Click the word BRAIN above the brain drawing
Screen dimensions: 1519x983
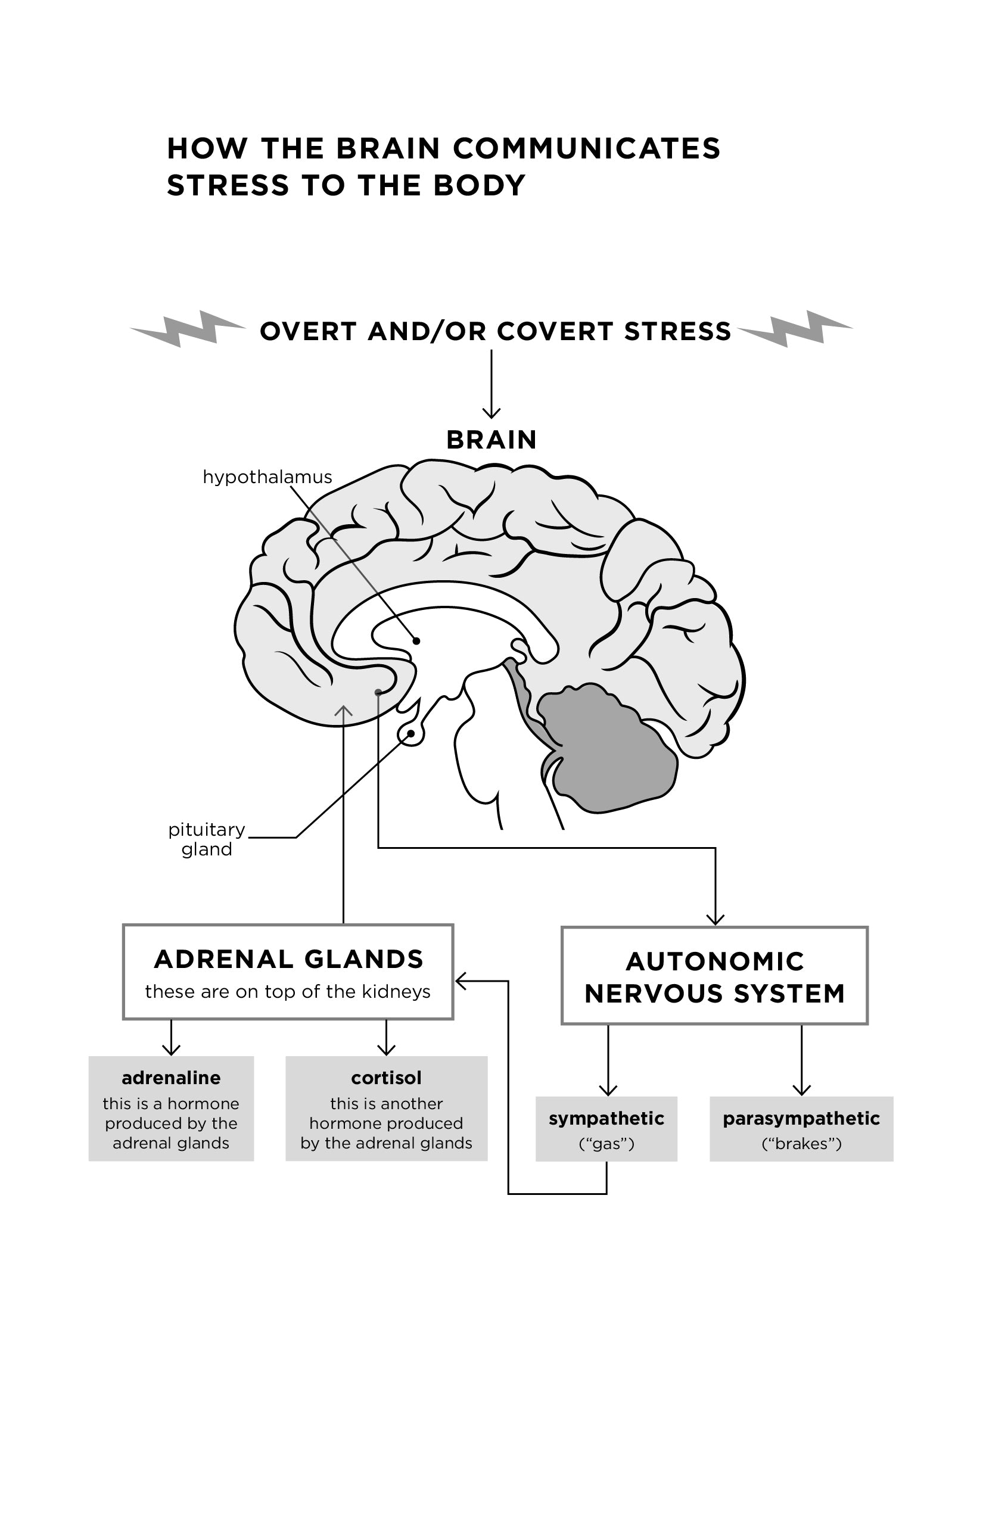(x=491, y=440)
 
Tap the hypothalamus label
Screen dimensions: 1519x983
(x=267, y=477)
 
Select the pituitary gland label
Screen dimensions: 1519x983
(x=206, y=839)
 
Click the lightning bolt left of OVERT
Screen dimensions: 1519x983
(x=187, y=328)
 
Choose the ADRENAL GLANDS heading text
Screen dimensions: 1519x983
(x=288, y=959)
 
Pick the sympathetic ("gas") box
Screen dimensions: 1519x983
(x=606, y=1129)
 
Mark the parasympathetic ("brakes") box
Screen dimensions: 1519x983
(x=801, y=1129)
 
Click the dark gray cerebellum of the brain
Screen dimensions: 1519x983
(x=606, y=747)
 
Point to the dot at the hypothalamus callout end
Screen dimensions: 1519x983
(x=416, y=641)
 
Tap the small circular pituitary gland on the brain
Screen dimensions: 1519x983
(x=411, y=734)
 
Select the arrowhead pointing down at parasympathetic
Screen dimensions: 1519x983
(x=801, y=1090)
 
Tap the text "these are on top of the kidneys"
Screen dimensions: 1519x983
(x=288, y=992)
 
